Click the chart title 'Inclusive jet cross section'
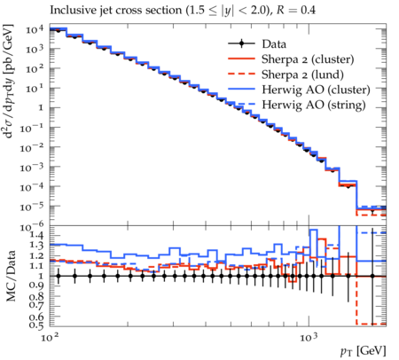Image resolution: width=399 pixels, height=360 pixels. coord(116,11)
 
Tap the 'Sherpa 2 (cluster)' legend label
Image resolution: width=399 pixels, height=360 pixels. coord(308,59)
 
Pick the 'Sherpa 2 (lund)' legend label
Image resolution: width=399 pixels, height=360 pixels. coord(302,74)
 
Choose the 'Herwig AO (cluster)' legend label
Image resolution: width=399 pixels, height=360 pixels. coord(316,90)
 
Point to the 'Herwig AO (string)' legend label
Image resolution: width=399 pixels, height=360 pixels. coord(314,105)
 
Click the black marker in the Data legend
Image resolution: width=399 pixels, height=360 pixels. coord(241,43)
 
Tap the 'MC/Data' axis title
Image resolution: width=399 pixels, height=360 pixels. coord(11,276)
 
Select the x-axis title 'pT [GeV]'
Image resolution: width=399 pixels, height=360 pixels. coord(364,351)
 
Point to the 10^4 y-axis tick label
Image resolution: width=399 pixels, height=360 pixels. coord(35,29)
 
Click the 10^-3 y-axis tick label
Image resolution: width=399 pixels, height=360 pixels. coord(32,168)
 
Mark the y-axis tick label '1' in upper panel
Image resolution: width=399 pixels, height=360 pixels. coord(41,108)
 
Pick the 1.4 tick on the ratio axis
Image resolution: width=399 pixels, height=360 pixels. coord(36,236)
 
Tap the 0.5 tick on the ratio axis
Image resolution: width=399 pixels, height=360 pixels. coord(36,325)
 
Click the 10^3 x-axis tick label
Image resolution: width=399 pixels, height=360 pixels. coord(309,337)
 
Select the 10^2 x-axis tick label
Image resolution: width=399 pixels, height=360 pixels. coord(50,337)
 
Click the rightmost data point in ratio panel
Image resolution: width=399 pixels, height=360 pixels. coord(372,276)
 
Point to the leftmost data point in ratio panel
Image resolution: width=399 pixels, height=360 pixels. coord(59,276)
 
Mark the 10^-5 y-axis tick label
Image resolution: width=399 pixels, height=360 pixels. coord(32,207)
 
